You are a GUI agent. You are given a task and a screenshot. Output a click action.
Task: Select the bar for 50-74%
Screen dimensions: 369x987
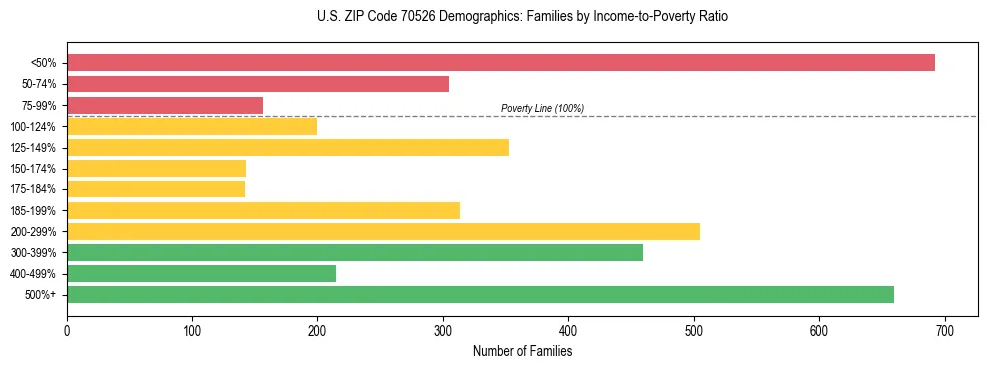(x=257, y=84)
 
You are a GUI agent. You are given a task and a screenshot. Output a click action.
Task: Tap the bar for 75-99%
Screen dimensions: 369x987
(x=165, y=105)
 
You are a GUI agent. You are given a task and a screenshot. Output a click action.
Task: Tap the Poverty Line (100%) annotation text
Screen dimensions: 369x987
(x=542, y=108)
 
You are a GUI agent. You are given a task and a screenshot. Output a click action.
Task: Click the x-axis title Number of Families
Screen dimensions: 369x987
(x=522, y=351)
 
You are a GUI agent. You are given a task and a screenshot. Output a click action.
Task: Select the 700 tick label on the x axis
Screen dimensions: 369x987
(x=945, y=328)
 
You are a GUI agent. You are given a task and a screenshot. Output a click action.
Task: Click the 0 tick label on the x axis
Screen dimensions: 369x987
(x=67, y=328)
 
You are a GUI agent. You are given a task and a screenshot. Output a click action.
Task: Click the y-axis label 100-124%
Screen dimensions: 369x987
(x=33, y=127)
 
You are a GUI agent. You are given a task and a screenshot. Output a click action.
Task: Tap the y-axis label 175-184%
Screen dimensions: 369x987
(x=33, y=189)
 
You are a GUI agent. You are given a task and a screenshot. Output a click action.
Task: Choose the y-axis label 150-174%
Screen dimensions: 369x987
(x=33, y=169)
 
